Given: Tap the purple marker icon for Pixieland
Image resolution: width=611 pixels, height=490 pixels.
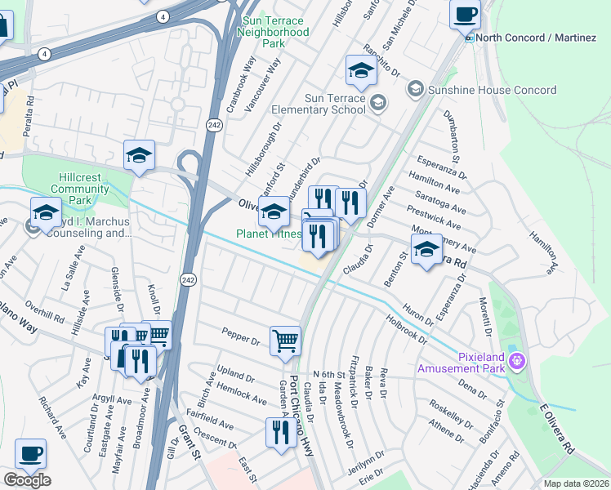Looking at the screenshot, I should coord(515,360).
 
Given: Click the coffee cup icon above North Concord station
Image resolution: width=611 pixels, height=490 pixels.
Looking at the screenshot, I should coord(465,14).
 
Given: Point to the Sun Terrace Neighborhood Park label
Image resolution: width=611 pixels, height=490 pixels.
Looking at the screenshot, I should coord(273,32).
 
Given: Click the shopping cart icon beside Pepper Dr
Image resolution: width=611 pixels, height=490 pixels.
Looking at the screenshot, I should coord(285,340).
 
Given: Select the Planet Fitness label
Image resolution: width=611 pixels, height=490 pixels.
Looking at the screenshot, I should coord(269,234).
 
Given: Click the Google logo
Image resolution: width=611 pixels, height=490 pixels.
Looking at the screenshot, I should coord(27,479).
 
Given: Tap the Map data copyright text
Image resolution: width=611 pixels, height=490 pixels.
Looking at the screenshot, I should coord(576,483).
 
